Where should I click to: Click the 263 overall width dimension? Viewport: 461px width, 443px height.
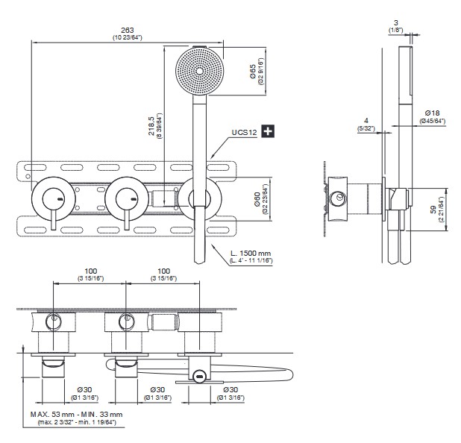tap(128, 29)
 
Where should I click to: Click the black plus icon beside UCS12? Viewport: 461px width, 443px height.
tap(268, 132)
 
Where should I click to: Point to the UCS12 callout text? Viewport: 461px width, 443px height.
tap(244, 133)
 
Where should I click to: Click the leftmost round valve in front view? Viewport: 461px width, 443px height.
tap(52, 198)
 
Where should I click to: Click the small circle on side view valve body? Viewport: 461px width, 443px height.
tap(341, 198)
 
